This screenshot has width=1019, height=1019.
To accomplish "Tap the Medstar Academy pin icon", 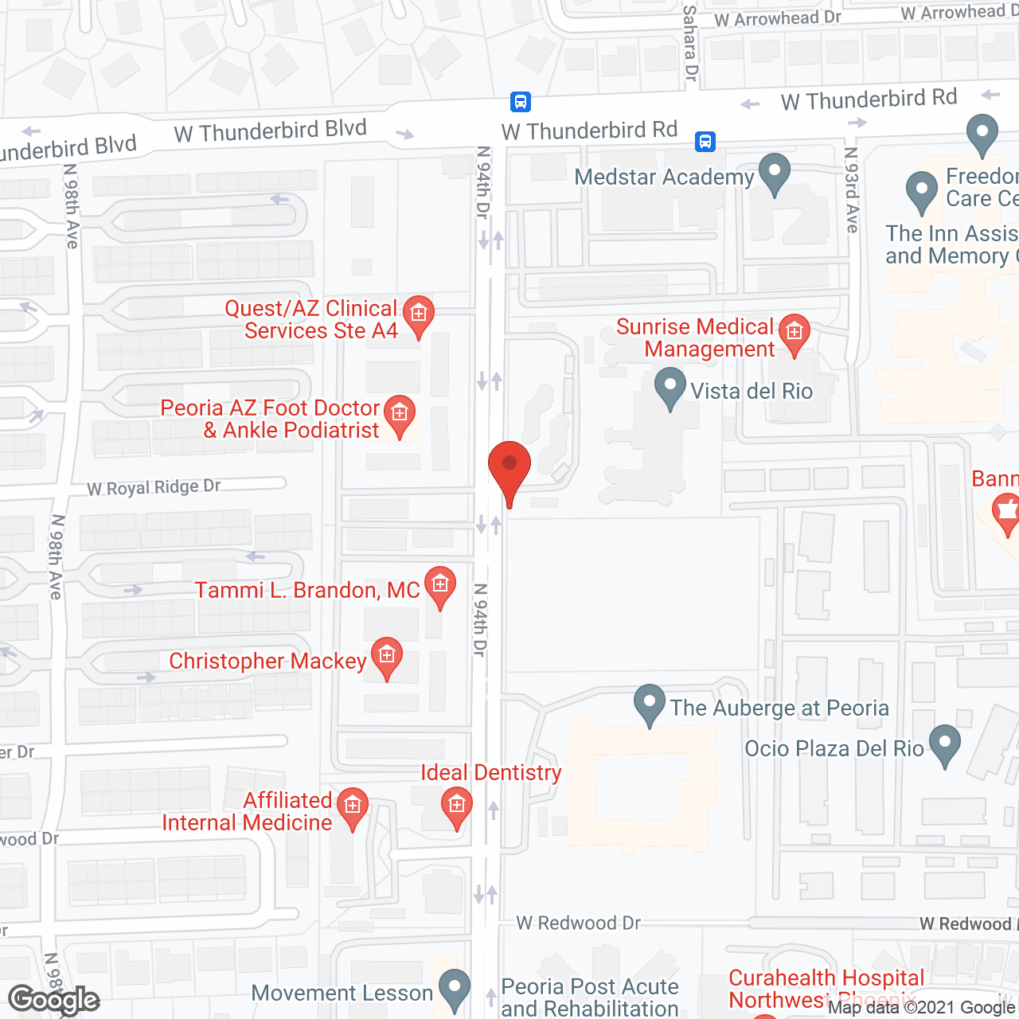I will pyautogui.click(x=774, y=174).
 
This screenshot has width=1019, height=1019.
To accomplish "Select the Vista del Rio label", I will pyautogui.click(x=751, y=391).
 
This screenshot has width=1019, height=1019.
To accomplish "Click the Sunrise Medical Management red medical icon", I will pyautogui.click(x=794, y=333).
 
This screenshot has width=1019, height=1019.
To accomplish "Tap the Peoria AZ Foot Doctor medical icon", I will pyautogui.click(x=400, y=414).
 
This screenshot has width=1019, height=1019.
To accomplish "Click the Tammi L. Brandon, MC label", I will pyautogui.click(x=307, y=590).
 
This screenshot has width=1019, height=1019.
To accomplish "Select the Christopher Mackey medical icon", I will pyautogui.click(x=387, y=657).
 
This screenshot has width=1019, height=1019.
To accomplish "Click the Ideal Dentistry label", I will pyautogui.click(x=490, y=772).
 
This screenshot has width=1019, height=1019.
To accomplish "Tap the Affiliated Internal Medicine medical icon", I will pyautogui.click(x=352, y=807).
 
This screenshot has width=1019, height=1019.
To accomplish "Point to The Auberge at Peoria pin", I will pyautogui.click(x=650, y=704).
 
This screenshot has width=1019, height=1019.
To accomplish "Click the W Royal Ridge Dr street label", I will pyautogui.click(x=154, y=487).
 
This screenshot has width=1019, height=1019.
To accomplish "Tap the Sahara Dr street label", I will pyautogui.click(x=690, y=43).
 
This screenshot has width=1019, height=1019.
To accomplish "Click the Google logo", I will pyautogui.click(x=54, y=1000).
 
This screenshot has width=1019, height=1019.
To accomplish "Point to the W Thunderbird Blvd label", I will pyautogui.click(x=271, y=131).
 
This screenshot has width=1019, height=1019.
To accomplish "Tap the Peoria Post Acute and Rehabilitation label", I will pyautogui.click(x=590, y=997).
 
